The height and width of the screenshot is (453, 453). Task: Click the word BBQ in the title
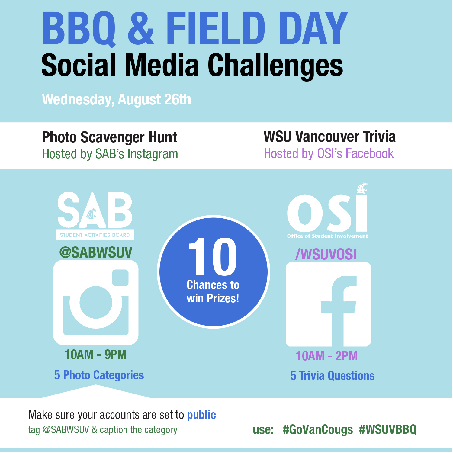click(79, 29)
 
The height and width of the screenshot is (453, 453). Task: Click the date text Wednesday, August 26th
click(117, 99)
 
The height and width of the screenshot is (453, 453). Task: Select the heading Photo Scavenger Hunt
click(110, 137)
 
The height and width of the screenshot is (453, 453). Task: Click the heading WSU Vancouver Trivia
click(329, 137)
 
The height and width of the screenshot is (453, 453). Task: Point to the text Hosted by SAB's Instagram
click(110, 154)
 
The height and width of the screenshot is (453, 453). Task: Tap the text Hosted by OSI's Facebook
click(329, 154)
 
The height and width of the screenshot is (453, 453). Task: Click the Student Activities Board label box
click(95, 235)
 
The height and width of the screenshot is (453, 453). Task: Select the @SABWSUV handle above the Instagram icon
click(96, 252)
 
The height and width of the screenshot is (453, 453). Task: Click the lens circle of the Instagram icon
click(96, 302)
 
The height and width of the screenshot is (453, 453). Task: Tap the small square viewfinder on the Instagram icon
click(120, 278)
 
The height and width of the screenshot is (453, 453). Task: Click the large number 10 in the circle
click(213, 256)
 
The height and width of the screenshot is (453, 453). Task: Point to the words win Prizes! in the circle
click(213, 298)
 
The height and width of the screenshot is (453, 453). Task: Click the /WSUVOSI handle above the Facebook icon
click(326, 254)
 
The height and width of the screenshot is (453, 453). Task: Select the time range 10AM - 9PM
click(95, 355)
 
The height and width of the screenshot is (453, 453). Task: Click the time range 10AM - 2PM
click(327, 356)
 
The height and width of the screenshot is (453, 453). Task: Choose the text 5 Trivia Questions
click(333, 376)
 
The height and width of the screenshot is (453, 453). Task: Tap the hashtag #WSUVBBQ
click(388, 429)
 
